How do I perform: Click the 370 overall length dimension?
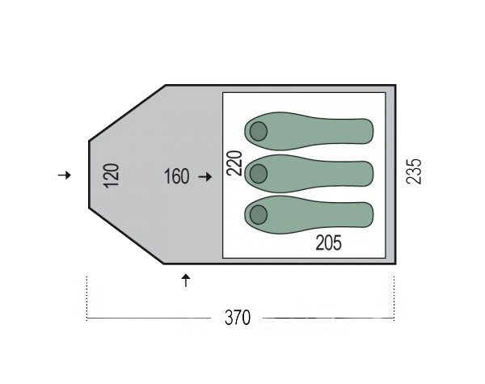[238, 318]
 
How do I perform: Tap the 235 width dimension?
[414, 171]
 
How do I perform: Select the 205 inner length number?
[328, 243]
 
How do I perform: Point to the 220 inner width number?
[234, 163]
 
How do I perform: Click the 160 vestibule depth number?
[176, 177]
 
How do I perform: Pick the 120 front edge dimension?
[112, 175]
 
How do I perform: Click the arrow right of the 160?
[205, 177]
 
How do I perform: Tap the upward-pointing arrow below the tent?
[186, 281]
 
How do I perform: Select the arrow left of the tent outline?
[65, 175]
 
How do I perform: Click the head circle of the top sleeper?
[259, 131]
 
